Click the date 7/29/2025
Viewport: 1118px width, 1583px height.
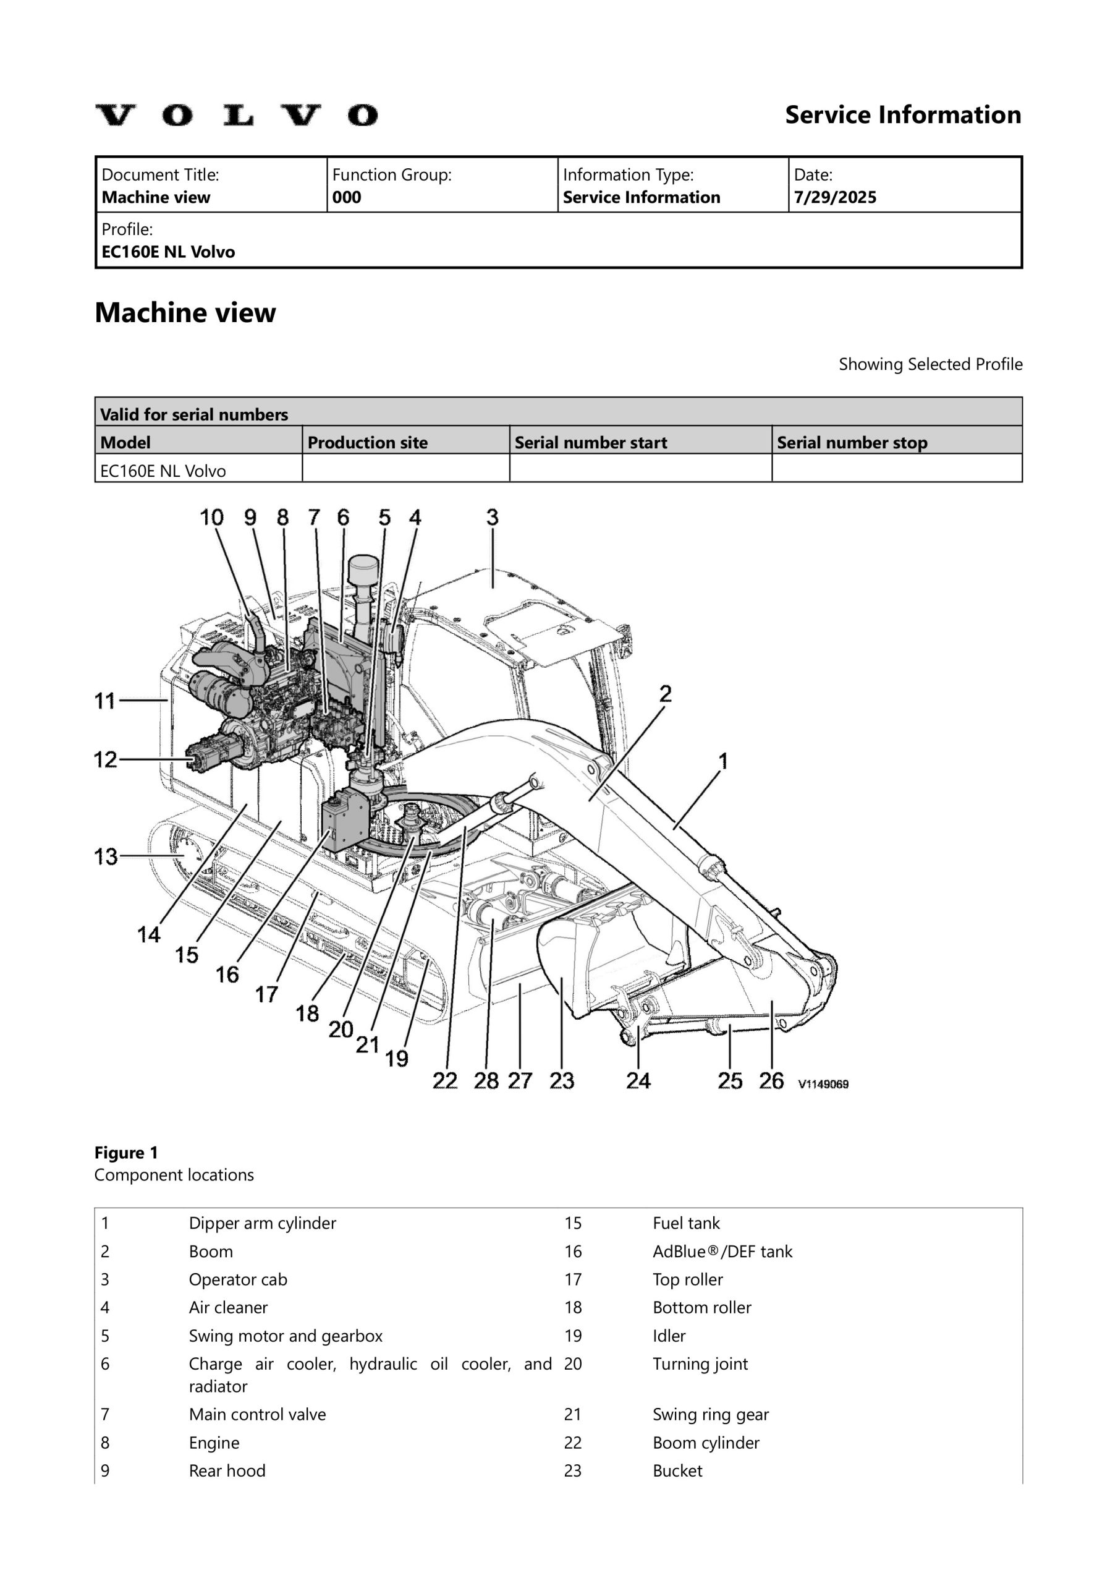pyautogui.click(x=835, y=198)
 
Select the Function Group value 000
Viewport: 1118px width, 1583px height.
pyautogui.click(x=346, y=198)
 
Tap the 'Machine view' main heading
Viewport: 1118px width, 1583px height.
pyautogui.click(x=185, y=313)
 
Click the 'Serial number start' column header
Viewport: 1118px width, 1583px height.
pyautogui.click(x=591, y=443)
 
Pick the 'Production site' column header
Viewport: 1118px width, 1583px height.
pyautogui.click(x=367, y=443)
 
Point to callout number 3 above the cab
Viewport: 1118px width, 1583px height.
pyautogui.click(x=492, y=517)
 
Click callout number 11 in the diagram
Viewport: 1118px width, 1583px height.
pyautogui.click(x=105, y=701)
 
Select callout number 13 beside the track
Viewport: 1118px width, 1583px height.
pyautogui.click(x=106, y=856)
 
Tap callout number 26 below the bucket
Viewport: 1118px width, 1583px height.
pyautogui.click(x=771, y=1080)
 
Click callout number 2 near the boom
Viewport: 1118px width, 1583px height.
pyautogui.click(x=665, y=694)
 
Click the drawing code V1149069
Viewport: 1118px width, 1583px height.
pyautogui.click(x=823, y=1084)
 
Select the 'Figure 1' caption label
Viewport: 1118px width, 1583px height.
pyautogui.click(x=126, y=1153)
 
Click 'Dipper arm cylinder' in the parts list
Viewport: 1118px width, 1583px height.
pyautogui.click(x=262, y=1223)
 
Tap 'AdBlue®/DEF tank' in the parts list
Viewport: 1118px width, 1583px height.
pyautogui.click(x=722, y=1252)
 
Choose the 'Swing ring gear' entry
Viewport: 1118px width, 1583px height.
pyautogui.click(x=710, y=1415)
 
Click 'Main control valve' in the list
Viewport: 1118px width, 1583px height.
pyautogui.click(x=257, y=1415)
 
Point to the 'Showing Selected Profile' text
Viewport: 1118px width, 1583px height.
pyautogui.click(x=930, y=364)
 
